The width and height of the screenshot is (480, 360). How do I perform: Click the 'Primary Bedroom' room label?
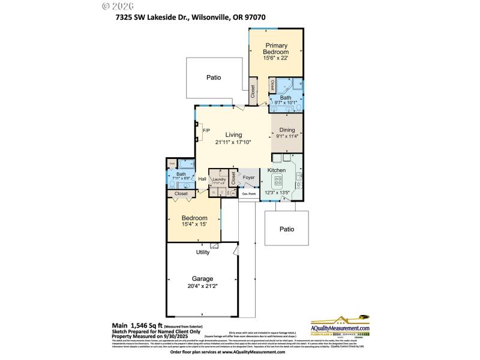tap(277, 49)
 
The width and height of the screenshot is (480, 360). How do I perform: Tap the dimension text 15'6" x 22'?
tap(277, 58)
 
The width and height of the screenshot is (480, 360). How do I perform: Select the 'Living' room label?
tap(233, 134)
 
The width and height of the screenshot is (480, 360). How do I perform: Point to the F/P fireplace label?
tap(206, 130)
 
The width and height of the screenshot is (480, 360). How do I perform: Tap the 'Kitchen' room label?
tap(277, 170)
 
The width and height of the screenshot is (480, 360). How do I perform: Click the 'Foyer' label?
tap(249, 178)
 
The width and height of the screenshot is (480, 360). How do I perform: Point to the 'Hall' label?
tap(202, 178)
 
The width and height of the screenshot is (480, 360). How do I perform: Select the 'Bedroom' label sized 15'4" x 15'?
tap(195, 218)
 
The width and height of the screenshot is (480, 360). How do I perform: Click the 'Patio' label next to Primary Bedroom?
tap(214, 77)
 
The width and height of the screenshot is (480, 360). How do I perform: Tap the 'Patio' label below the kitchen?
tap(286, 229)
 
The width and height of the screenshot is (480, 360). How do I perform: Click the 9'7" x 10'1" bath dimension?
tap(286, 103)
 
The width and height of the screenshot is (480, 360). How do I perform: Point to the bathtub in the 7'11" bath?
tap(185, 163)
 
